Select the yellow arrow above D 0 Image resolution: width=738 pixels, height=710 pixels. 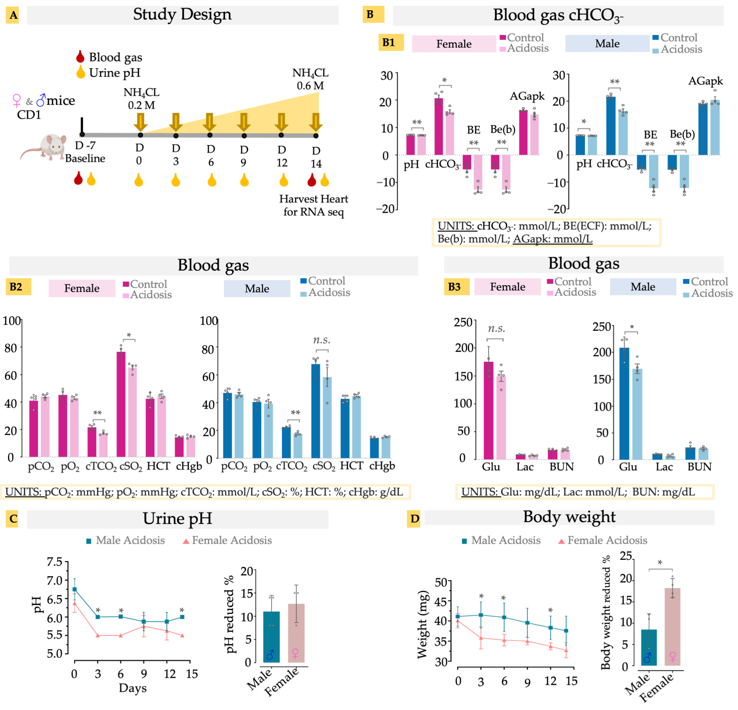point(140,121)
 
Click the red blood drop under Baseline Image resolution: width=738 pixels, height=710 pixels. point(78,179)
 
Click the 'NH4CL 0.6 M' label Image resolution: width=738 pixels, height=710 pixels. point(310,79)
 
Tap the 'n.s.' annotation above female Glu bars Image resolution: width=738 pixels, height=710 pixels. point(496,329)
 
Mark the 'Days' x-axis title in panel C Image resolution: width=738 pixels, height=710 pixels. point(133,688)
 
